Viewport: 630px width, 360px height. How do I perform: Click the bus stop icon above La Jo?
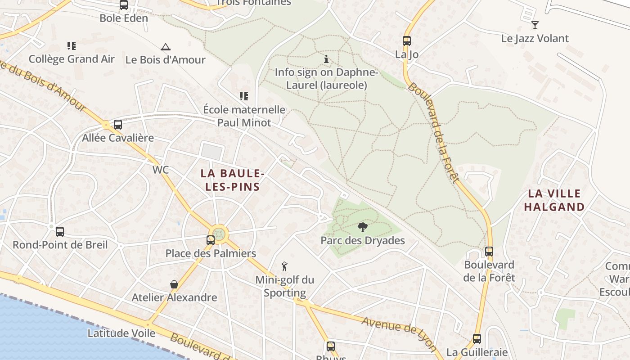coord(407,41)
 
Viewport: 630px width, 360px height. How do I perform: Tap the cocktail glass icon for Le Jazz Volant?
coord(535,25)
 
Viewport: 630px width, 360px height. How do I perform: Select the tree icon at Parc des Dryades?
coord(362,227)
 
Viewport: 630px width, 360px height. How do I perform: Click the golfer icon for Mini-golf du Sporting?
coord(284,266)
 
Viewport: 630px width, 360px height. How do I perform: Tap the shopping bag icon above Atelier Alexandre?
coord(174,284)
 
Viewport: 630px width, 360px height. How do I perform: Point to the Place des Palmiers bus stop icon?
coord(211,240)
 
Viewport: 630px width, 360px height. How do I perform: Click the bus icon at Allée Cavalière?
coord(118,125)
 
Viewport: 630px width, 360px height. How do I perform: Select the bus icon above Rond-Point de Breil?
coord(60,232)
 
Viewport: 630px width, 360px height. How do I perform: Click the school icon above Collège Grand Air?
coord(72,46)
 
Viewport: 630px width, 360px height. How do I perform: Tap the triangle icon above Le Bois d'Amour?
coord(166,47)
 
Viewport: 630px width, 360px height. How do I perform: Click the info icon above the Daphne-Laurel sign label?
coord(326,59)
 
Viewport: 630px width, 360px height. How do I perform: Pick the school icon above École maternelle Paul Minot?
coord(244,96)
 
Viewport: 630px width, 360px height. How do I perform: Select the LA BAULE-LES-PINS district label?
coord(232,180)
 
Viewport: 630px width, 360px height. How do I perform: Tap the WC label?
coord(161,170)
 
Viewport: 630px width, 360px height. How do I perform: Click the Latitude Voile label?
coord(121,333)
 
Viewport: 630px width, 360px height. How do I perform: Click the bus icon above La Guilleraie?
coord(477,339)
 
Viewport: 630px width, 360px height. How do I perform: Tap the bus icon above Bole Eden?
coord(124,5)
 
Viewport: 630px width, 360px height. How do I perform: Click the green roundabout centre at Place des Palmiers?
coord(219,234)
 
